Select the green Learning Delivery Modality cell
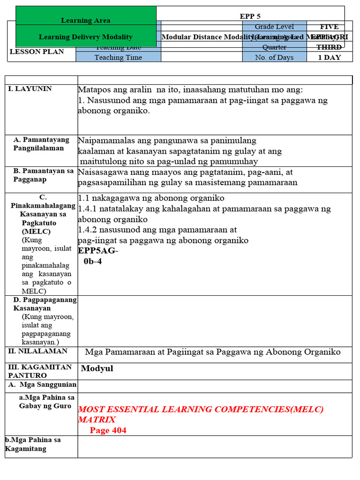click(x=86, y=37)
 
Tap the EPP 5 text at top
click(x=250, y=16)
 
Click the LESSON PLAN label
click(x=37, y=52)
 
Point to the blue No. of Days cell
click(x=274, y=57)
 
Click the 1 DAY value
click(x=329, y=57)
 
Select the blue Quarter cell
click(x=274, y=47)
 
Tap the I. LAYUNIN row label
click(x=30, y=89)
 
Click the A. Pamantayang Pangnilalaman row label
click(x=41, y=144)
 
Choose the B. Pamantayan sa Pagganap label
click(x=43, y=175)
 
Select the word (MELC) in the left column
click(x=36, y=232)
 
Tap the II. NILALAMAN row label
click(x=37, y=351)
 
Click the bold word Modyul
click(x=97, y=368)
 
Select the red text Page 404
click(x=108, y=430)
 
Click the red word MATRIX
click(x=97, y=420)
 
